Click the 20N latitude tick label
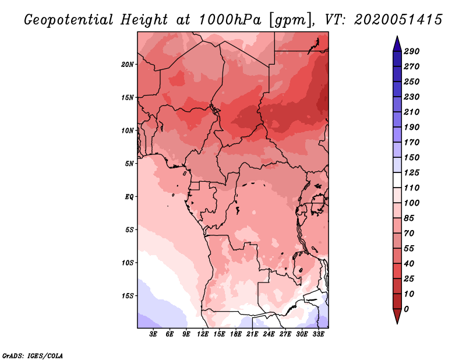[x=128, y=64]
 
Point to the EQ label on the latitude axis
[x=129, y=196]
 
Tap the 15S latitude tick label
[x=128, y=295]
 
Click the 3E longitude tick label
[x=154, y=334]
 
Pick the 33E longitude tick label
[x=318, y=334]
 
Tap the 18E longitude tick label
[x=236, y=334]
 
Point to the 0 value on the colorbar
[x=406, y=309]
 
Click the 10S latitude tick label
[x=128, y=262]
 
